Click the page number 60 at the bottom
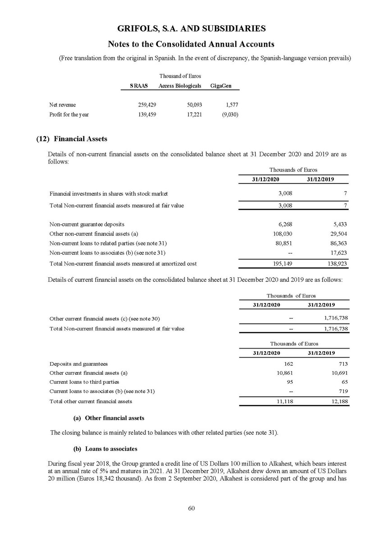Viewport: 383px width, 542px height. point(191,509)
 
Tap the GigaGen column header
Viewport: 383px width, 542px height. point(221,86)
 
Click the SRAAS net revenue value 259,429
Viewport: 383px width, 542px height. point(147,105)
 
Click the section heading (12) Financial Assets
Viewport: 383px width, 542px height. point(71,139)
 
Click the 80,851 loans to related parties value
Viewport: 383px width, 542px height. point(285,243)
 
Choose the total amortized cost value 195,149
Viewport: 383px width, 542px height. point(284,263)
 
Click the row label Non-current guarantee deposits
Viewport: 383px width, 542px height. point(87,224)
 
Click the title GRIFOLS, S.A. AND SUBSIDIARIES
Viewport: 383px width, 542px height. point(191,29)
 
